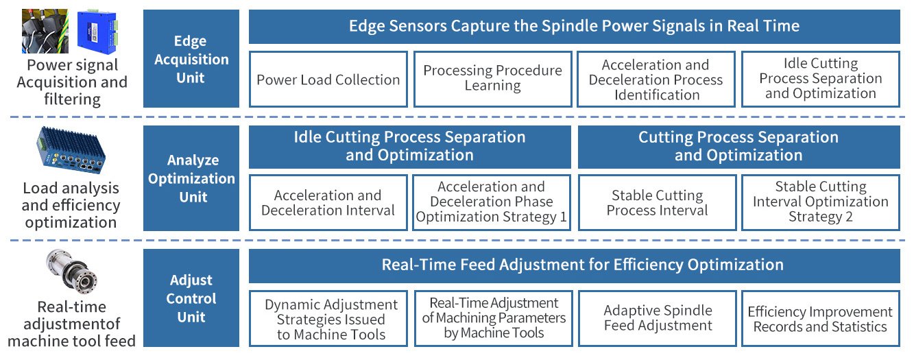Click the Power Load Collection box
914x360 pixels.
(x=328, y=79)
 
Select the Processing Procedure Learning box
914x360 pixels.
(x=493, y=79)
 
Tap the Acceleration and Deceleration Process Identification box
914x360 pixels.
(x=656, y=79)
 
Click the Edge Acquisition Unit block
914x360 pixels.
(x=191, y=59)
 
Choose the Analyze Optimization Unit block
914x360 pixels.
(x=191, y=178)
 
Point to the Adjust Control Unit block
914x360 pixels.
(x=191, y=298)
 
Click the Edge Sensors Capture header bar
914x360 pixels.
(x=575, y=27)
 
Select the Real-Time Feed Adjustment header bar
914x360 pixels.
(x=575, y=266)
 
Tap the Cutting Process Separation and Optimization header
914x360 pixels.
(x=739, y=147)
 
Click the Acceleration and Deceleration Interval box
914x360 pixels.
(x=328, y=202)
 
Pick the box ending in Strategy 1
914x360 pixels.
(x=492, y=202)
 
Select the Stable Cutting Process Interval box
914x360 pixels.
(x=658, y=202)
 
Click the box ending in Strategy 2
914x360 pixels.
(x=821, y=202)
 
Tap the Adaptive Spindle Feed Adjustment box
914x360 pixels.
(x=658, y=318)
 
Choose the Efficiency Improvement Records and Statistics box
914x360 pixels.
(x=821, y=318)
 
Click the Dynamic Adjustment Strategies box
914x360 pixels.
(x=328, y=318)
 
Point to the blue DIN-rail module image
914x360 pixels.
(x=97, y=32)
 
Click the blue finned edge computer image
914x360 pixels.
(x=72, y=150)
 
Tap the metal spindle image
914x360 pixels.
(x=72, y=271)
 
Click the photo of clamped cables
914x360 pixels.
(x=45, y=31)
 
